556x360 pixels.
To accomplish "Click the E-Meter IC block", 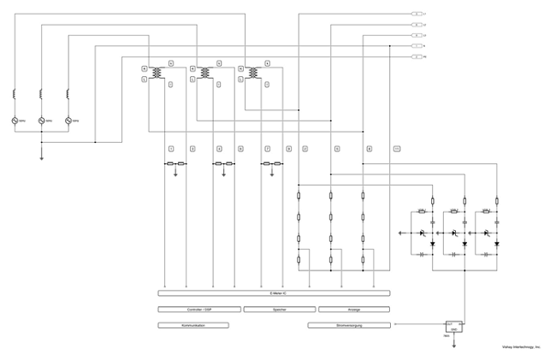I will point(274,293).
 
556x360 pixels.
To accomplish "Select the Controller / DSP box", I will point(198,310).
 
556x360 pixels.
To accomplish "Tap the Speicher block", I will point(279,310).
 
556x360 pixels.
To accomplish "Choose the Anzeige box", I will point(353,310).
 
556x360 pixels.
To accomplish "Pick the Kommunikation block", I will point(193,325).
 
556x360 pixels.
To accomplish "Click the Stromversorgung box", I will point(349,325).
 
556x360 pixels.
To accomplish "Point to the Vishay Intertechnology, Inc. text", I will point(521,347).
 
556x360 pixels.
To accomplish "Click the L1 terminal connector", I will point(417,15).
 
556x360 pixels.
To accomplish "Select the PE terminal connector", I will point(417,56).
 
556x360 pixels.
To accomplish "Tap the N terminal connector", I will point(417,46).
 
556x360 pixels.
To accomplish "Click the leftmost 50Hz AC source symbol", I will point(15,121).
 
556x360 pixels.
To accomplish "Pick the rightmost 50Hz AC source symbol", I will point(68,121).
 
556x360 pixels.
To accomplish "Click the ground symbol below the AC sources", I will point(41,156).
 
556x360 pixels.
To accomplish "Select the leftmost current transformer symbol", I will point(156,74).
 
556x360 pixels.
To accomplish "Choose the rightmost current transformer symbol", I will point(253,74).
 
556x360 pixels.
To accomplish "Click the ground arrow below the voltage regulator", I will point(453,345).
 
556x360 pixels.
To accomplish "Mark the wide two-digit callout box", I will point(396,149).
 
